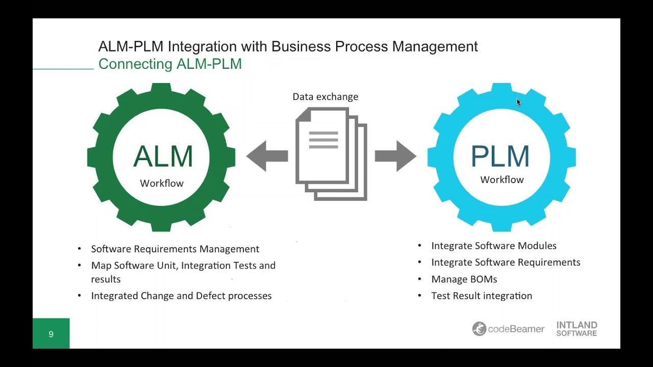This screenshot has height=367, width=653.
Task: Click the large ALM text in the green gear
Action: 163,156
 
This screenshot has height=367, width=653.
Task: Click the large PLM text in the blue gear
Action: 500,156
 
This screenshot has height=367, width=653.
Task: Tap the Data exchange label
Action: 325,97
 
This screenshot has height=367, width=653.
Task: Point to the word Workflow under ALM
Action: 162,183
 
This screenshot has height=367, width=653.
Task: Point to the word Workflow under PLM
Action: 502,180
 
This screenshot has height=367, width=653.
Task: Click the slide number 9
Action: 51,334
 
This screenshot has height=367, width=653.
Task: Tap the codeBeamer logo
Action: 509,329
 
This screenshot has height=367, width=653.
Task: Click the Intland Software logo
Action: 576,329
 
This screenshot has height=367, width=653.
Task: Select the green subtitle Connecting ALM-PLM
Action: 170,64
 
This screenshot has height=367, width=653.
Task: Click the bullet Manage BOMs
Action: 464,279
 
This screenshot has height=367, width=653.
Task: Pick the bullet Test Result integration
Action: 482,296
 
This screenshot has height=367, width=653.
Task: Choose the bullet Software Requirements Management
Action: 175,249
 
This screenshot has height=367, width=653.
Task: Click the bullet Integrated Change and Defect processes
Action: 181,296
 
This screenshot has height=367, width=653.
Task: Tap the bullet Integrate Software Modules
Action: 494,246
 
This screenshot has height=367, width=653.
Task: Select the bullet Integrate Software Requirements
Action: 506,263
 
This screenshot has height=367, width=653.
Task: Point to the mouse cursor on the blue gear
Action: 518,102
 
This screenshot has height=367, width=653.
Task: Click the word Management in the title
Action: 435,47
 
